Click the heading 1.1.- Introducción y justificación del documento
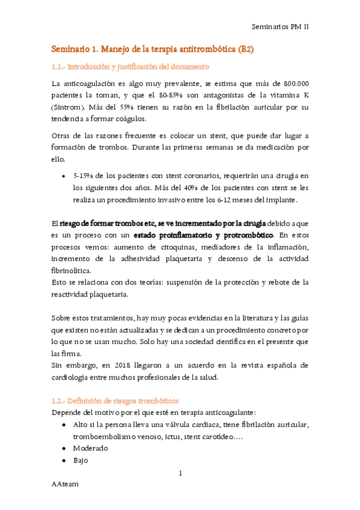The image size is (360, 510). tap(130, 66)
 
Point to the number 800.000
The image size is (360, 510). tap(292, 84)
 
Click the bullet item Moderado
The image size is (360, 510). tap(90, 448)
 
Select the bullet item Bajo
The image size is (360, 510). tap(81, 460)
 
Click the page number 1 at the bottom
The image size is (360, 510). tap(180, 474)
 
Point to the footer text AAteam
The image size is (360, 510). tap(64, 483)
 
